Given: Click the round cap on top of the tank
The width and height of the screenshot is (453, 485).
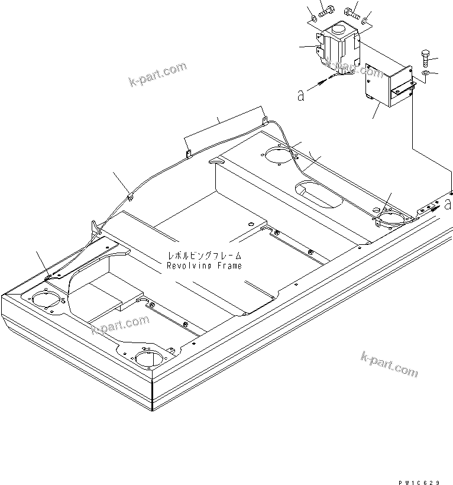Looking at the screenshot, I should click(x=341, y=28).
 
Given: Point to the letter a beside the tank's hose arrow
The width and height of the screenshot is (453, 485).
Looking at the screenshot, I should click(x=300, y=95).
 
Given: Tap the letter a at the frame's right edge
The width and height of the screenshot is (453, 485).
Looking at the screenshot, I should click(x=447, y=205).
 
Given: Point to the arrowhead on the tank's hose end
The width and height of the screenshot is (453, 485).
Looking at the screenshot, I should click(x=321, y=83).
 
